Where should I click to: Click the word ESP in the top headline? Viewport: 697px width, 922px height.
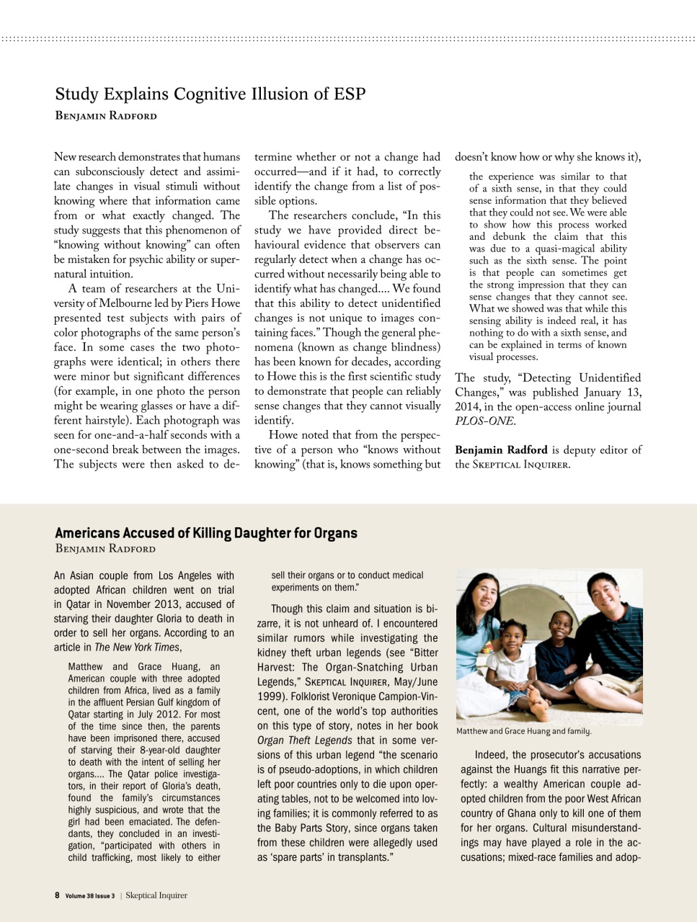click(349, 94)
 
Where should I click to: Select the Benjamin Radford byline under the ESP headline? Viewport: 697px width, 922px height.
click(105, 116)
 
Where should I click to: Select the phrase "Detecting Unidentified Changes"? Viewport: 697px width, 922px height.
click(548, 385)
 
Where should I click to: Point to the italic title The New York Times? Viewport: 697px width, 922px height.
click(137, 647)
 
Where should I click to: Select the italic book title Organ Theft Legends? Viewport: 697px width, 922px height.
click(304, 740)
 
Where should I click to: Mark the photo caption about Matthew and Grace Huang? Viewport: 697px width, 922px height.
click(524, 731)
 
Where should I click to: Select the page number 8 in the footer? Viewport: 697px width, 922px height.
click(57, 895)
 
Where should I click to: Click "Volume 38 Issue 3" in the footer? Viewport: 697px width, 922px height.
click(90, 896)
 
